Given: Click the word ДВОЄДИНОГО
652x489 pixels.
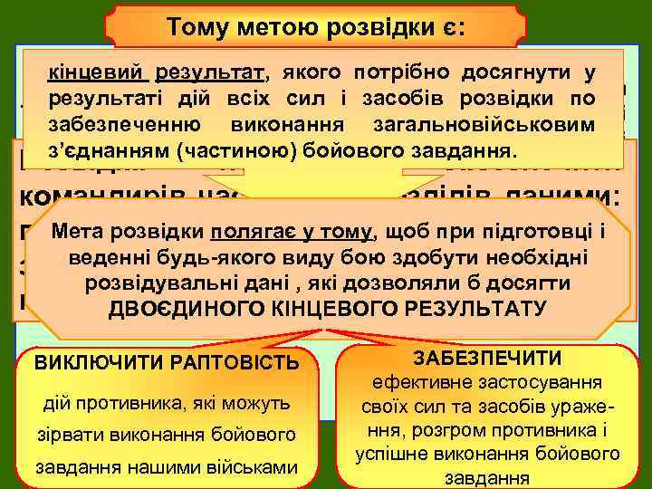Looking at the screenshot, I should pyautogui.click(x=178, y=309).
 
